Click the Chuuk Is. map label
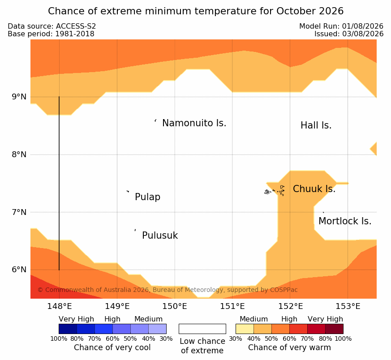(x=314, y=189)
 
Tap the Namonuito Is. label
(x=194, y=123)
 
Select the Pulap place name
(x=148, y=197)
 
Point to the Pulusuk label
(x=160, y=236)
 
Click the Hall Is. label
(x=316, y=125)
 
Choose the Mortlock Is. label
(x=345, y=221)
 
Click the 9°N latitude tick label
(x=19, y=97)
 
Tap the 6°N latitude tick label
(x=19, y=270)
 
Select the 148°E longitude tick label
(x=60, y=306)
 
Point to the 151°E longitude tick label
(x=232, y=306)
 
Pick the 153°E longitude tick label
(x=348, y=306)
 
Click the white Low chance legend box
(x=202, y=329)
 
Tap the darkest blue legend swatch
(x=68, y=329)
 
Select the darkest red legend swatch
(x=334, y=329)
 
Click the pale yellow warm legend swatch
(x=245, y=329)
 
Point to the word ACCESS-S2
(x=76, y=26)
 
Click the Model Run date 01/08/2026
(x=363, y=26)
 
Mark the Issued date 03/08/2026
(x=363, y=34)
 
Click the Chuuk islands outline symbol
(x=275, y=191)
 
